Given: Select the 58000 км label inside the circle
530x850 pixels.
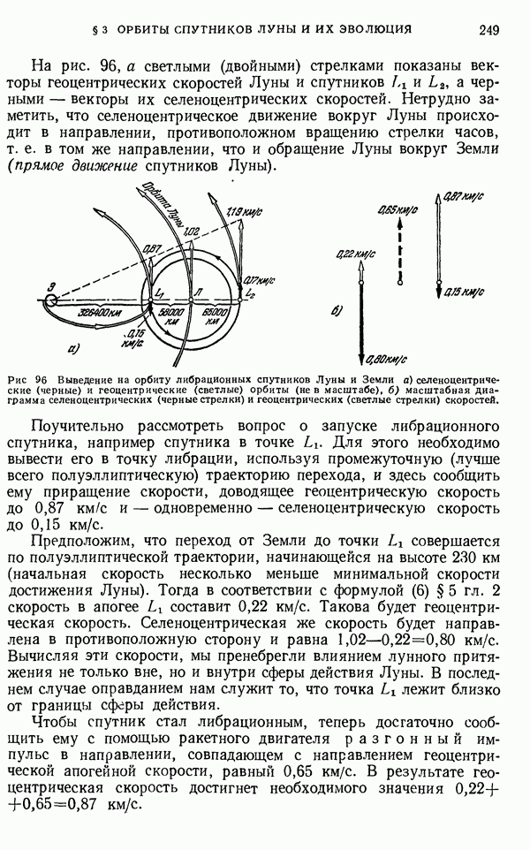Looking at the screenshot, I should coord(171,316).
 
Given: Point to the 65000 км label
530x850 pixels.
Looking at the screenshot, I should coord(216,316).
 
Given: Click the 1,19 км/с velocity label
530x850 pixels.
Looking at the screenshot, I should coord(241,212).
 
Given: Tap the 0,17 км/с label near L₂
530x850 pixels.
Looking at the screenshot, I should coord(258,278).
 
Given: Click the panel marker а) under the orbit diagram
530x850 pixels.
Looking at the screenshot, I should coord(74,346).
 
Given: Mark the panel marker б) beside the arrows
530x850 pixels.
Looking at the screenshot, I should coord(336,311).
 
